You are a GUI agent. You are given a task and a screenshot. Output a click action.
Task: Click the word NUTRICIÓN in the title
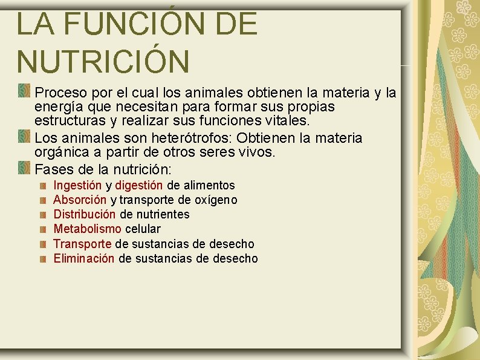tap(103, 61)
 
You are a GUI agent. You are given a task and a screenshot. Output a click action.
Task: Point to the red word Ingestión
tap(78, 185)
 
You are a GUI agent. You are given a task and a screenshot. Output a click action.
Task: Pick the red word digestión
tap(139, 185)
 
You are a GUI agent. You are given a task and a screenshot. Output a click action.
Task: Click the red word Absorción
tap(80, 200)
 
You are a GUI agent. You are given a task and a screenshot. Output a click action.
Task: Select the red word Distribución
tap(85, 214)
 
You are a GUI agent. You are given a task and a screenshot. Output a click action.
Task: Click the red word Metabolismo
tap(88, 229)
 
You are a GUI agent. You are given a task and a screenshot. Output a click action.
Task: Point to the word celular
tap(143, 229)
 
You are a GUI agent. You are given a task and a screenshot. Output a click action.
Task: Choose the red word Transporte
tap(82, 244)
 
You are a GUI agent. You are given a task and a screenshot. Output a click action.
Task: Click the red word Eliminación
tap(84, 258)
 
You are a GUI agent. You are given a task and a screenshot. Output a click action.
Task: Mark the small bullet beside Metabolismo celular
tap(44, 229)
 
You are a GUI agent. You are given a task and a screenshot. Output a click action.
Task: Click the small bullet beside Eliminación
tap(44, 259)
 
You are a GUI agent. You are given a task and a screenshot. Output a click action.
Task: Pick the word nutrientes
tap(163, 214)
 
